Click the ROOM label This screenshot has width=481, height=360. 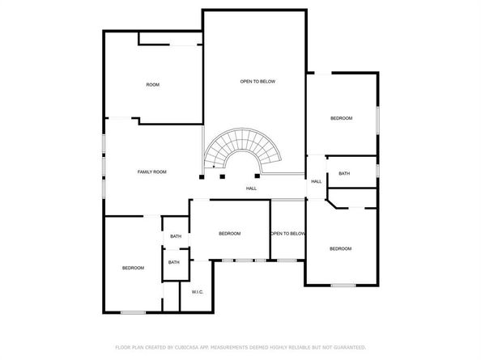(x=152, y=85)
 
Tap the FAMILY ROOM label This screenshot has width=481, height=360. (x=151, y=172)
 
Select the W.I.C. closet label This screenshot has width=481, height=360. (x=197, y=291)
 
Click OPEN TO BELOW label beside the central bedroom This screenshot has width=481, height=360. (x=287, y=234)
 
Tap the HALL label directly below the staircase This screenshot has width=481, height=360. (x=252, y=188)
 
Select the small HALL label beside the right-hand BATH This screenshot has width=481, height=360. (x=317, y=181)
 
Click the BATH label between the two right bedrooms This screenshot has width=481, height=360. (x=344, y=173)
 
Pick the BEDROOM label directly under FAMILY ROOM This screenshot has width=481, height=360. (x=133, y=268)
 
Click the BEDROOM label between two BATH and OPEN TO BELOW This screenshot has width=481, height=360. (x=230, y=234)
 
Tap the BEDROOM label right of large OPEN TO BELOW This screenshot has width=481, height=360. (x=341, y=119)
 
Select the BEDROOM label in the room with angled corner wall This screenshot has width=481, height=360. (x=340, y=248)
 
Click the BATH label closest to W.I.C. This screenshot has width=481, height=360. (x=174, y=262)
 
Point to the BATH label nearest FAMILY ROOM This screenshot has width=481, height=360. (x=176, y=236)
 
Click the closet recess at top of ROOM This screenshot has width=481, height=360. (x=169, y=39)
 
